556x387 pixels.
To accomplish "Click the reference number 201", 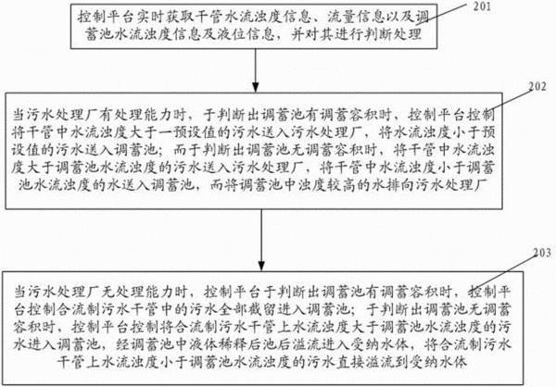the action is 482,6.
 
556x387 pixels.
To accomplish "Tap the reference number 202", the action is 537,86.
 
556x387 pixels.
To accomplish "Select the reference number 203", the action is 542,253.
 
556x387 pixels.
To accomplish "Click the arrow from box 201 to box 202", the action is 255,70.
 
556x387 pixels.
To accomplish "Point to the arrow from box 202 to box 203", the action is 261,240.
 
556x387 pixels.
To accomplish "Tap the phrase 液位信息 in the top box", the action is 246,34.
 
